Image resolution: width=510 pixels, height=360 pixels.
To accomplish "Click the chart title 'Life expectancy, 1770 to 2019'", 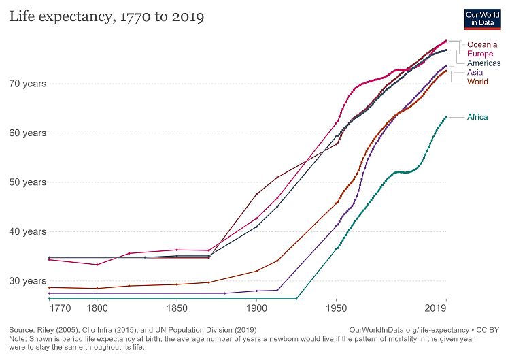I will [107, 16].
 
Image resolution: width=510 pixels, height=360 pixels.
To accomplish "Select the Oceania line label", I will [482, 45].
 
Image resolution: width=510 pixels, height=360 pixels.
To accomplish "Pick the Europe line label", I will [480, 54].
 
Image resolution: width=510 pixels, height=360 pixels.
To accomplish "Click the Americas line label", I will [484, 63].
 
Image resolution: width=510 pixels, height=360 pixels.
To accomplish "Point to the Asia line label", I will [475, 72].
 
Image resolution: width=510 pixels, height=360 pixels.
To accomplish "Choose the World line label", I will [478, 82].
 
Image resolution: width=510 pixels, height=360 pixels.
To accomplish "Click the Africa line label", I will [477, 117].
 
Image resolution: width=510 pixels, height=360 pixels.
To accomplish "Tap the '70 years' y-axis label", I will [27, 84].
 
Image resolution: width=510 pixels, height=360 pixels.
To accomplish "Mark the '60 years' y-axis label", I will [27, 133].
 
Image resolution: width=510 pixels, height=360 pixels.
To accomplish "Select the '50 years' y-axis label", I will [27, 182].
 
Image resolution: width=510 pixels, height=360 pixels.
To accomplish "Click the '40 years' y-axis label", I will [27, 231].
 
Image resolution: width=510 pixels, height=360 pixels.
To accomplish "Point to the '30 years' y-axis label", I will [27, 280].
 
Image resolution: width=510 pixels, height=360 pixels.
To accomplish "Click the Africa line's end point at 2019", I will [446, 117].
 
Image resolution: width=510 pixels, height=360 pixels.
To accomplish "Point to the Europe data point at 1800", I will [97, 265].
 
